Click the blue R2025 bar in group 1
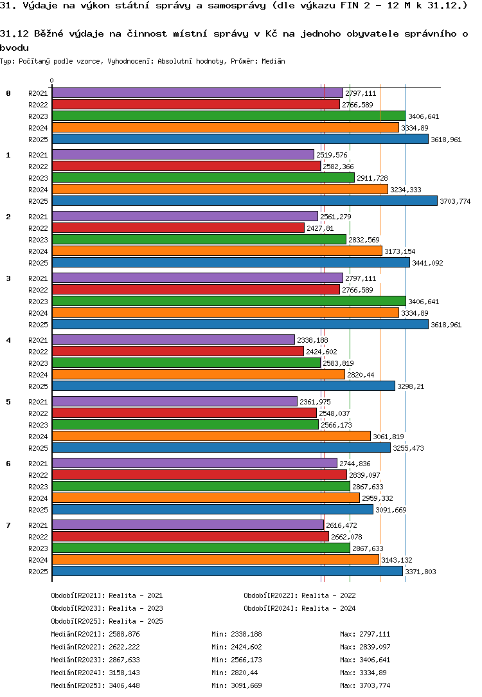[x=244, y=201]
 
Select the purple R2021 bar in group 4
[x=173, y=339]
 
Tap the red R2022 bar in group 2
[x=178, y=228]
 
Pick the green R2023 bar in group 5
[x=185, y=424]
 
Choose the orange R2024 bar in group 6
[x=206, y=498]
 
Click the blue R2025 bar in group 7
[x=227, y=571]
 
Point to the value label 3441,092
[x=427, y=263]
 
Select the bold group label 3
[x=8, y=278]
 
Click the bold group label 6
[x=8, y=464]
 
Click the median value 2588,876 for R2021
[x=124, y=634]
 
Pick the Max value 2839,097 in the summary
[x=375, y=647]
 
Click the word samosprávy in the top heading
[x=225, y=6]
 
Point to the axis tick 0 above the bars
[x=51, y=81]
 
